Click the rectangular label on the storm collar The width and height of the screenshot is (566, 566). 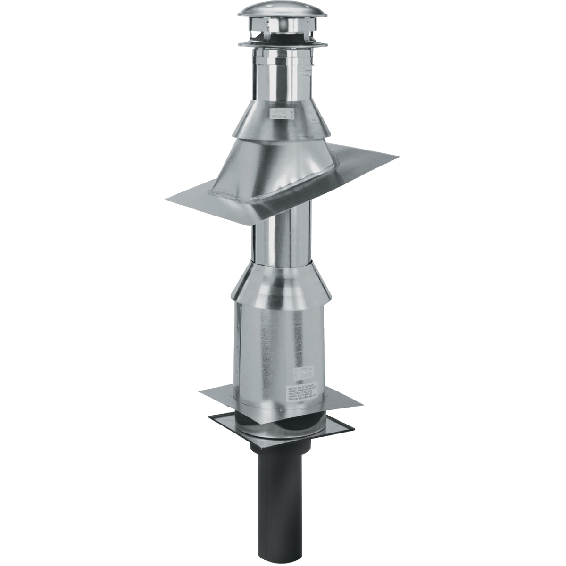point(281,114)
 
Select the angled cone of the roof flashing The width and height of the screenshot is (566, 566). point(283,170)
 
